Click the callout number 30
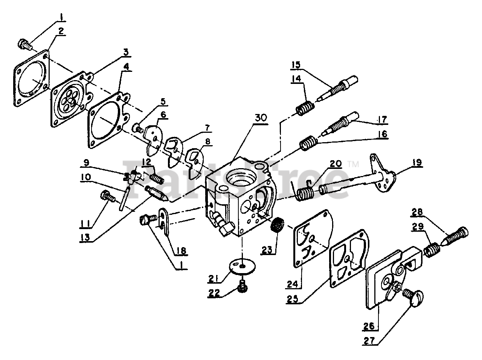click(x=261, y=117)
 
